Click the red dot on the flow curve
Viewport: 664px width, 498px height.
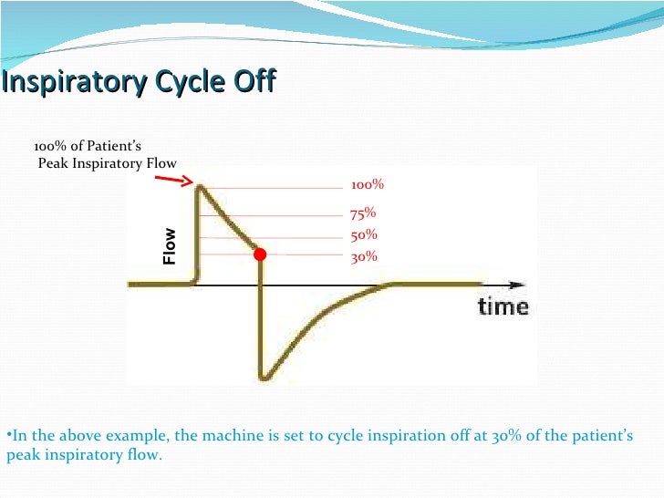click(260, 254)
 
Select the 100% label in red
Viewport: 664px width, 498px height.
click(368, 185)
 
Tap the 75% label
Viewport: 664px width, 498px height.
click(363, 214)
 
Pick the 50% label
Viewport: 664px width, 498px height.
click(364, 235)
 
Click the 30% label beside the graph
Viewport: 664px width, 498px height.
click(364, 257)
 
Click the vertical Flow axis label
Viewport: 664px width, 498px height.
click(170, 246)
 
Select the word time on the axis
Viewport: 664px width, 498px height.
click(503, 306)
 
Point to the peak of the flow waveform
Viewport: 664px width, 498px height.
click(201, 186)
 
